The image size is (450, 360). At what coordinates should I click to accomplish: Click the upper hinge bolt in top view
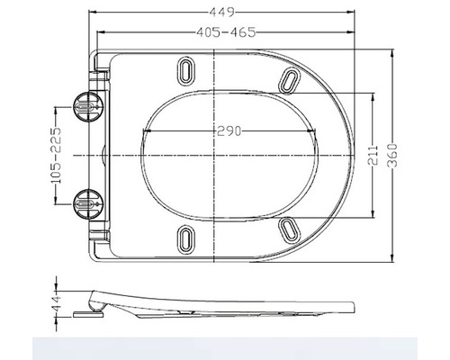click(x=86, y=106)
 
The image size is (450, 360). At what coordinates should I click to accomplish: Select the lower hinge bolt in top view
click(x=86, y=204)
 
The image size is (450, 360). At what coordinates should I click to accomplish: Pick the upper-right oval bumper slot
click(x=291, y=81)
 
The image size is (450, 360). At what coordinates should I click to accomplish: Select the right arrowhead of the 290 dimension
click(x=317, y=132)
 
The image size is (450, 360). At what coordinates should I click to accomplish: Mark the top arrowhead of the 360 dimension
click(x=393, y=52)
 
